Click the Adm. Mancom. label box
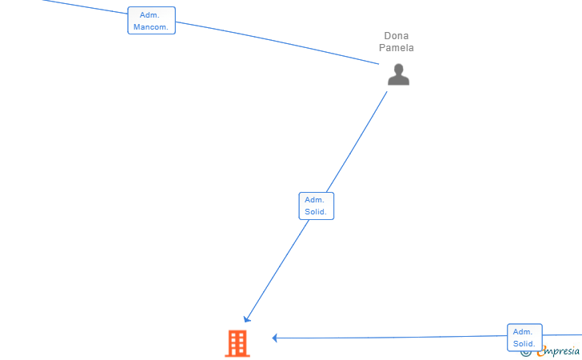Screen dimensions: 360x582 point(151,20)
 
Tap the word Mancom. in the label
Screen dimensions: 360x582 point(151,26)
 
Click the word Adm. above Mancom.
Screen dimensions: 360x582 point(149,14)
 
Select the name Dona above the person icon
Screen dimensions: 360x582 point(397,36)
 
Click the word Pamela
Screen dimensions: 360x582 point(397,48)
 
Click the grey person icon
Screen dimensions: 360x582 point(398,74)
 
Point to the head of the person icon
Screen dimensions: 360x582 point(398,69)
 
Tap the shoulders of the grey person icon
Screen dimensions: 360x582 point(398,80)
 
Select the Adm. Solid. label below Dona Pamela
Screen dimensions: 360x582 point(317,206)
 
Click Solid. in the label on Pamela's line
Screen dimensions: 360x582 point(317,212)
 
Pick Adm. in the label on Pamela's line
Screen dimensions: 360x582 point(315,200)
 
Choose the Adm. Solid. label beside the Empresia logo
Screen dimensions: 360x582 point(524,338)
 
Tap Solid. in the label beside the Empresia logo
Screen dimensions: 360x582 point(524,344)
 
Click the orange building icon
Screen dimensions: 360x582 point(237,343)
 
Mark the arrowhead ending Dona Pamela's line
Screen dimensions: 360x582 point(247,319)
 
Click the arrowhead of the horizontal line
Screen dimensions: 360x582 point(275,338)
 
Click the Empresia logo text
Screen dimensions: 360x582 point(559,350)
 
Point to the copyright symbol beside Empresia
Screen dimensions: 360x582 point(526,351)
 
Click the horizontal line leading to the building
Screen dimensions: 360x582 point(392,338)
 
